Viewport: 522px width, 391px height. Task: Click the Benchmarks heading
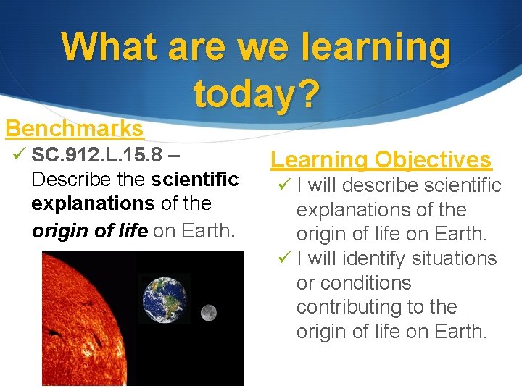(75, 129)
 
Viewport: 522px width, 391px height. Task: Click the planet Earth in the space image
(164, 298)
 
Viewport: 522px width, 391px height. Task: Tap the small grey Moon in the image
(208, 313)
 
